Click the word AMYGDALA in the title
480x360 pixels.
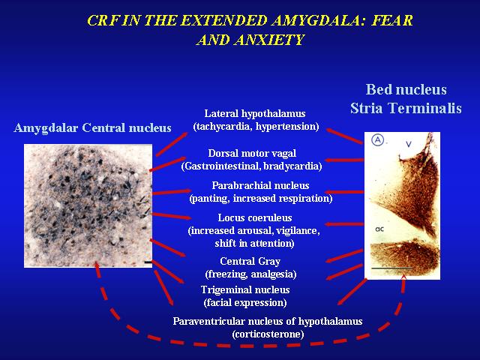[318, 21]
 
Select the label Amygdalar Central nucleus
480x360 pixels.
[92, 128]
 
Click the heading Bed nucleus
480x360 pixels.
[406, 89]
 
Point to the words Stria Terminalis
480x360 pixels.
[406, 108]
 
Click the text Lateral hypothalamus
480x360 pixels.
[255, 113]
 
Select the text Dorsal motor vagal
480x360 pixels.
[252, 153]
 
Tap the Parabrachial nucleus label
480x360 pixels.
[260, 185]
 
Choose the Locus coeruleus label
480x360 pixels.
[255, 217]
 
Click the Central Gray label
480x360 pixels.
[250, 261]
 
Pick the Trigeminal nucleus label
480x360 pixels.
[245, 289]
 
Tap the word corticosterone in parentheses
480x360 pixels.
[268, 334]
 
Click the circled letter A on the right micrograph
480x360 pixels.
[378, 140]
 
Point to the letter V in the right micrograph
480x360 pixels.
[409, 143]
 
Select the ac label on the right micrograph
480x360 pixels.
[379, 229]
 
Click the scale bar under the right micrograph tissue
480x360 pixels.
[391, 268]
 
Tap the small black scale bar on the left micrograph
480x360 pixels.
[148, 262]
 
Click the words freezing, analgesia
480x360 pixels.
[250, 274]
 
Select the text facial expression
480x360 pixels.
[245, 303]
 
